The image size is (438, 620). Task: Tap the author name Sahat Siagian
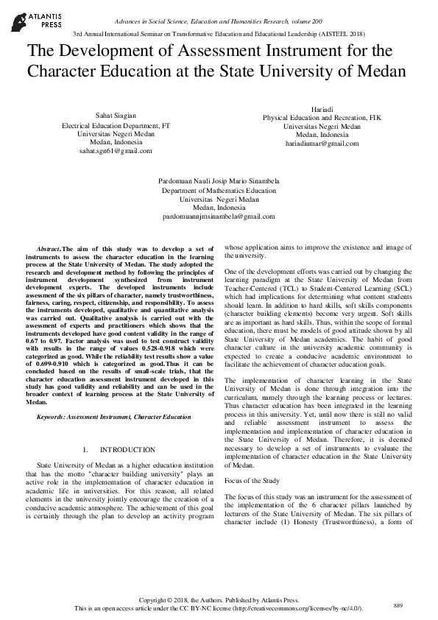pyautogui.click(x=116, y=116)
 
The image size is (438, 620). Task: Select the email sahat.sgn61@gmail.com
pyautogui.click(x=116, y=150)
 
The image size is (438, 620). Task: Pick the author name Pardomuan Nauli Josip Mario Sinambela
pyautogui.click(x=219, y=181)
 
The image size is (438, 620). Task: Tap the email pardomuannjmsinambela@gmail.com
pyautogui.click(x=219, y=216)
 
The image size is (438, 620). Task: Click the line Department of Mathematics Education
pyautogui.click(x=219, y=190)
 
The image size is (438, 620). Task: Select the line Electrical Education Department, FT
pyautogui.click(x=116, y=124)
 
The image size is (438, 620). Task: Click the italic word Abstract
pyautogui.click(x=49, y=252)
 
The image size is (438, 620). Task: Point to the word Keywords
pyautogui.click(x=53, y=418)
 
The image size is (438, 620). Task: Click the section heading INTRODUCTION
pyautogui.click(x=127, y=449)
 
